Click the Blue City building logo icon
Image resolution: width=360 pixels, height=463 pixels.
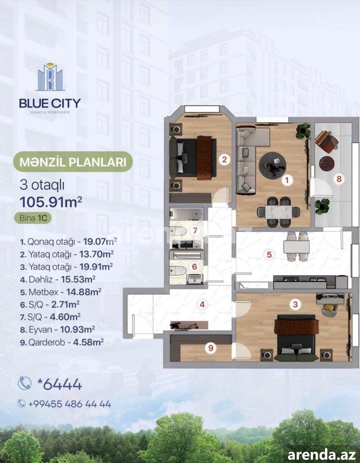tap(50, 77)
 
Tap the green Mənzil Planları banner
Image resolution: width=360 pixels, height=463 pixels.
tap(72, 162)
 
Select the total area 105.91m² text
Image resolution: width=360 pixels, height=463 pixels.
tap(50, 202)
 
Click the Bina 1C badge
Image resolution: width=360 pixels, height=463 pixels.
tap(33, 218)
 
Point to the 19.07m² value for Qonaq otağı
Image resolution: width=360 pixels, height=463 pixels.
tap(100, 242)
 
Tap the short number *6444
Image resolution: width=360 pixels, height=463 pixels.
tap(59, 384)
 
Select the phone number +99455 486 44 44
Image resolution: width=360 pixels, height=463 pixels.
tap(70, 404)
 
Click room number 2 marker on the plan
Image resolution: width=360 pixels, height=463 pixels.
tap(225, 160)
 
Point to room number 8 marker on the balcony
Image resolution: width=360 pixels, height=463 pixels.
tap(339, 179)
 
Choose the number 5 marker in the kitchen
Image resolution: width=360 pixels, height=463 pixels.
tap(269, 255)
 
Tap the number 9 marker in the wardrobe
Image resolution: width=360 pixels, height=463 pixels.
tap(211, 348)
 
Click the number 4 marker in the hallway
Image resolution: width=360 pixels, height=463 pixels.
tap(202, 304)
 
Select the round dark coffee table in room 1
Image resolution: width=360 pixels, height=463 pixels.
tap(272, 165)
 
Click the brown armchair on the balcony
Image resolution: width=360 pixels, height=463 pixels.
tap(326, 141)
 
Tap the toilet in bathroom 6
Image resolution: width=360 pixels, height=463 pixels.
tap(178, 271)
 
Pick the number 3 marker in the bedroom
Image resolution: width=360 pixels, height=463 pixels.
tap(295, 304)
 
